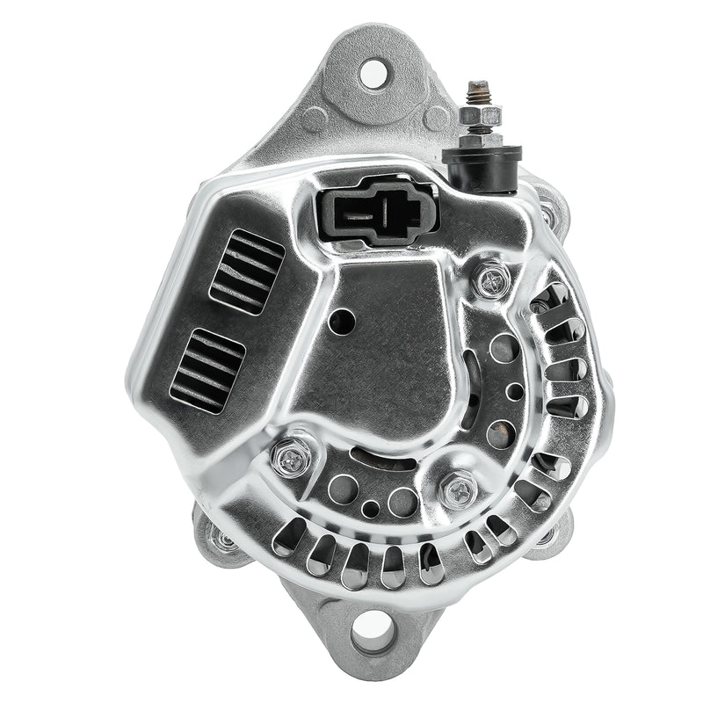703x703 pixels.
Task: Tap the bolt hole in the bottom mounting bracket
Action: pos(370,634)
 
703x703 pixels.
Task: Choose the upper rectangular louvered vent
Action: pos(247,272)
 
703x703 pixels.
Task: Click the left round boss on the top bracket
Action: pos(315,118)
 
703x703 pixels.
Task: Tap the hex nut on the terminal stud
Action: pos(480,116)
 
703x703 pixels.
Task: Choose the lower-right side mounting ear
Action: pos(554,533)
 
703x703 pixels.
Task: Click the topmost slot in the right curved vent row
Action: pos(549,300)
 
